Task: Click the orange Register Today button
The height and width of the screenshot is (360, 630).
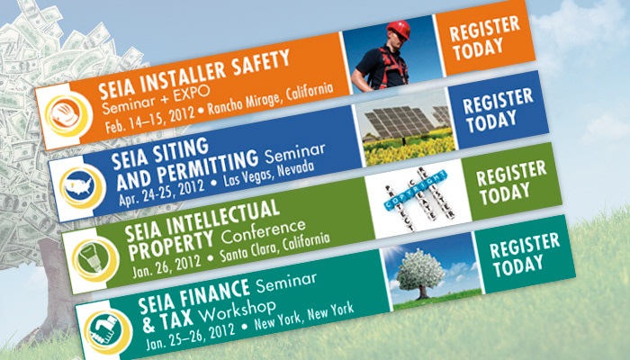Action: click(485, 38)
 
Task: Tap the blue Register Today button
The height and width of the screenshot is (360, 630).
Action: click(499, 110)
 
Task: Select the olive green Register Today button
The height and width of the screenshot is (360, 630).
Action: click(511, 182)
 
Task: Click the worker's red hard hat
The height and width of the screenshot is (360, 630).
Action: click(399, 30)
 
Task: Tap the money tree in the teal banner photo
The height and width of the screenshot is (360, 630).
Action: click(420, 274)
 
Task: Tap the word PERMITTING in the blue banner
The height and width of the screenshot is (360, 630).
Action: click(207, 166)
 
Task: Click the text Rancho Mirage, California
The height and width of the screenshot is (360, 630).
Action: click(270, 99)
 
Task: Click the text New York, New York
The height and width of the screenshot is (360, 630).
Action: click(304, 316)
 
